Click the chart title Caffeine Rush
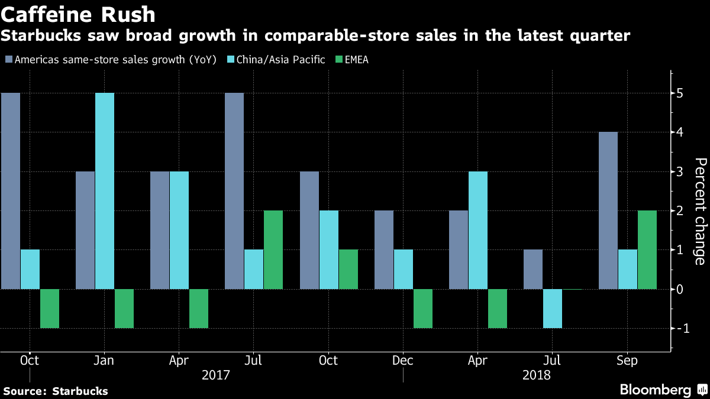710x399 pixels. [x=78, y=14]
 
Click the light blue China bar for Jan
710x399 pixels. [x=105, y=191]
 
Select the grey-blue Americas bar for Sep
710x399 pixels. [x=608, y=210]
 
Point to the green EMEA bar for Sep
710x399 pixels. [x=647, y=250]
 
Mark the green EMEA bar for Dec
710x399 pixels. [x=423, y=309]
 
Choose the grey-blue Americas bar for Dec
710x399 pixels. [x=384, y=250]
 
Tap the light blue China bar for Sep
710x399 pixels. [x=628, y=270]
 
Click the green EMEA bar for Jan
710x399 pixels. [x=124, y=309]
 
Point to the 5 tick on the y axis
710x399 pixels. [x=680, y=93]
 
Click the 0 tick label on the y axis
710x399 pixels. [x=680, y=290]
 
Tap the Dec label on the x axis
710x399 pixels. [x=403, y=361]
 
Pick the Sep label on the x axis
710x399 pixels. [x=627, y=361]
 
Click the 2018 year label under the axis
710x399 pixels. [x=537, y=375]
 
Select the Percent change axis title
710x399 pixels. [x=699, y=211]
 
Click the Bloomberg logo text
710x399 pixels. [x=656, y=390]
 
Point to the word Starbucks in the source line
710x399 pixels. [x=80, y=391]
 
